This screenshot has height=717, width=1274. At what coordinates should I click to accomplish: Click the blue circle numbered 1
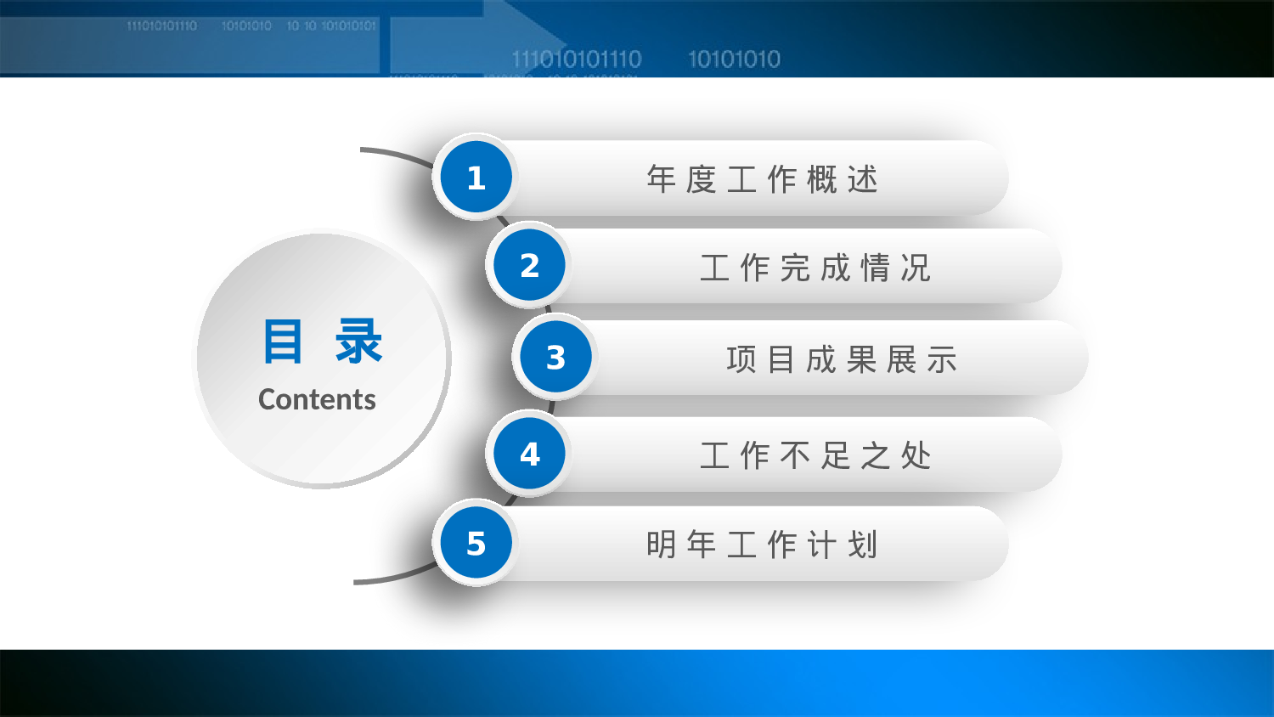(476, 178)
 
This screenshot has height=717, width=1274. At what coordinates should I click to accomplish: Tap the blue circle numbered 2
(529, 266)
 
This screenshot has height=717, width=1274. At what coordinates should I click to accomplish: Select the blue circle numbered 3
(555, 358)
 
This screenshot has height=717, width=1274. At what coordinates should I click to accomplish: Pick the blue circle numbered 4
(529, 454)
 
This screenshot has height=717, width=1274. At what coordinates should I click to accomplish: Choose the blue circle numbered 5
(476, 544)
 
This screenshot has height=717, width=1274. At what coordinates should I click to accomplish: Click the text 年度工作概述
(762, 179)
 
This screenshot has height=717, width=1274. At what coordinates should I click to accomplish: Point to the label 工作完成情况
(815, 268)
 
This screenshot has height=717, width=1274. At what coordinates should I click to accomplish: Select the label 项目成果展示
(842, 359)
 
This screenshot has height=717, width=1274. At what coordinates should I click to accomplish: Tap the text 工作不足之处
(815, 456)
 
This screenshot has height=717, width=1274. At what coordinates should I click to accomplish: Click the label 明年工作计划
(762, 545)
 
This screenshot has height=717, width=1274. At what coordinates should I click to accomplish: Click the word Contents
(317, 399)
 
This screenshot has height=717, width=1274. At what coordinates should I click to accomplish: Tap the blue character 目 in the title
(282, 342)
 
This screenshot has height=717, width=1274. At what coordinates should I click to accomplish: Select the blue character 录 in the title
(358, 342)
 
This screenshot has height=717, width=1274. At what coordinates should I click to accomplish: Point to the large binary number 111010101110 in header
(577, 59)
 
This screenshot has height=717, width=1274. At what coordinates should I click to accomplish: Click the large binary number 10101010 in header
(734, 59)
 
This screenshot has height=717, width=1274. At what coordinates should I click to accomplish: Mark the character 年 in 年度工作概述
(661, 179)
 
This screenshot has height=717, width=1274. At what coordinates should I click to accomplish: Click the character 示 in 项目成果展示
(942, 359)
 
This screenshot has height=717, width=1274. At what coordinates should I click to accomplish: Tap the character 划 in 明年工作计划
(862, 545)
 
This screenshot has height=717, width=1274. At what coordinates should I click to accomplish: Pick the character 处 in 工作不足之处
(916, 456)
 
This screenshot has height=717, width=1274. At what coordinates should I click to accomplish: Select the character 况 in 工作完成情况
(916, 268)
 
